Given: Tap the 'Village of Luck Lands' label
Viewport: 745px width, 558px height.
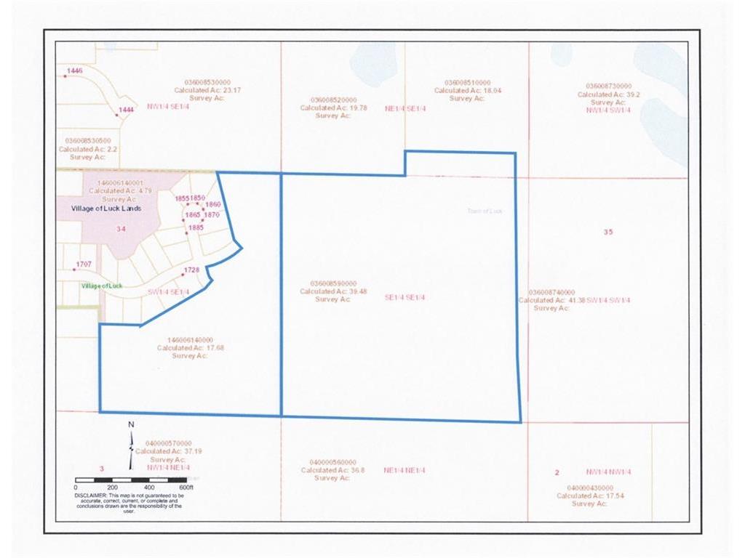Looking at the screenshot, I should [105, 208].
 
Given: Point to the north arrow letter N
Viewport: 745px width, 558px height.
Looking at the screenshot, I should [131, 424].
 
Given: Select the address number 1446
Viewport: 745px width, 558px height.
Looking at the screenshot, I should [75, 70].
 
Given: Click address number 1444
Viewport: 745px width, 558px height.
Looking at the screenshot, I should [127, 110].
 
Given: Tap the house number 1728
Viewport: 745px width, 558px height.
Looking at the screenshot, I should [191, 270].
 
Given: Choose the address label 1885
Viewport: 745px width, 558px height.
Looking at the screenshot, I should [196, 227].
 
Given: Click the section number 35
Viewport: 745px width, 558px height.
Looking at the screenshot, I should [609, 232].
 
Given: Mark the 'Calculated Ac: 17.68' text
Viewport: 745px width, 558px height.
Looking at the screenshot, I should [185, 348].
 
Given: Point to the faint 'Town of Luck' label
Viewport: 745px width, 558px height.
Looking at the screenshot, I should [485, 211].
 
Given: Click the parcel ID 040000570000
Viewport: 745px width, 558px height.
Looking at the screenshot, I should [168, 442].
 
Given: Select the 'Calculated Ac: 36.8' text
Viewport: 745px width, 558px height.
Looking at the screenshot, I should [327, 470].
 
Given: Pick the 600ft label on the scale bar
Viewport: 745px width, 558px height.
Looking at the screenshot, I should [187, 488].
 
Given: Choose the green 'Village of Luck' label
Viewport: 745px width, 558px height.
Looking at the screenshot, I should [102, 286].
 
